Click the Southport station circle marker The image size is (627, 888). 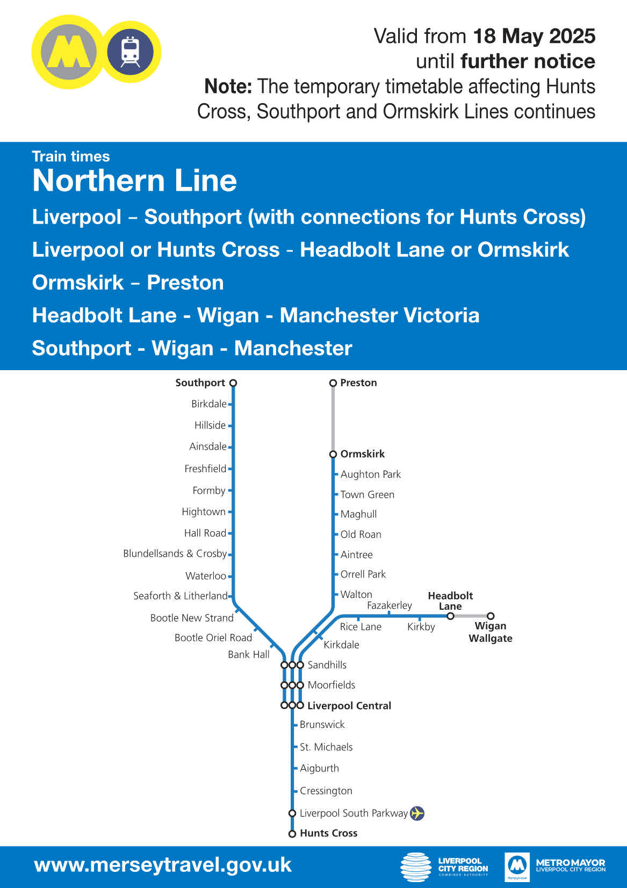233,383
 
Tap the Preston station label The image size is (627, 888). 358,383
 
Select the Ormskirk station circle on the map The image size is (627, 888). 333,454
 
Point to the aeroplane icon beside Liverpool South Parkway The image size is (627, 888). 417,813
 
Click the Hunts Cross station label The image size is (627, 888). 328,833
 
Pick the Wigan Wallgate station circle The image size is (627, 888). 491,616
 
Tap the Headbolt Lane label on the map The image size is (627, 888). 450,601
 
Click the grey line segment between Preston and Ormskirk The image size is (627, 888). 333,418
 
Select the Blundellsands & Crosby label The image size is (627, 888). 175,553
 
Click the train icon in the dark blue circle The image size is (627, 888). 131,52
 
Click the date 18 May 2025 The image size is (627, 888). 534,36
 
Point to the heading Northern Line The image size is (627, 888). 134,181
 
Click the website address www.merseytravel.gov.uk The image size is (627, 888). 163,865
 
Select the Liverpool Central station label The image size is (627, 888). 349,706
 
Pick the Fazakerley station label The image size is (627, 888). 390,605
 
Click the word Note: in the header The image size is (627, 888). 228,86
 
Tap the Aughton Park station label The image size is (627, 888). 371,474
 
